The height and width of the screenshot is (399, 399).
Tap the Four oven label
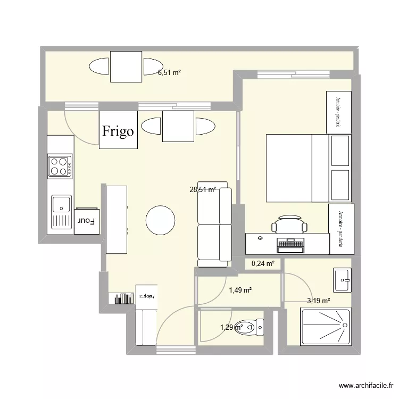tap(87, 220)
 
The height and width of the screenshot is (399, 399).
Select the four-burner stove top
tap(60, 165)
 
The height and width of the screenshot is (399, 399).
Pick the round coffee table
tap(160, 220)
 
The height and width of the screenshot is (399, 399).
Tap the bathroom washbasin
tap(342, 279)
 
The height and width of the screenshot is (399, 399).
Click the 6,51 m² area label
tap(169, 74)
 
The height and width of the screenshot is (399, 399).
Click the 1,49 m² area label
tap(240, 290)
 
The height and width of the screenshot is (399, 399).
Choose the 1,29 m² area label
tap(231, 327)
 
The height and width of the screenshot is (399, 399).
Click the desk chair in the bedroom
tap(289, 225)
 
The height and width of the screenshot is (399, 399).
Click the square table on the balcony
tap(126, 66)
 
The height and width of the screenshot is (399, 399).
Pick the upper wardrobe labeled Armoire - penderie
tap(339, 112)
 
